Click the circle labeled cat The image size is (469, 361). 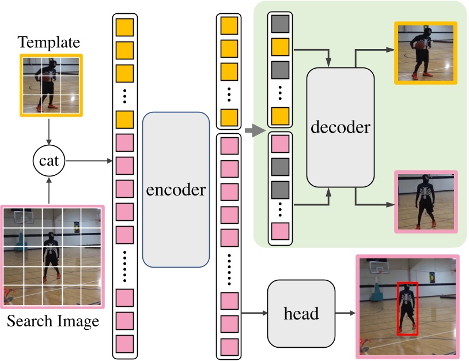coord(49,161)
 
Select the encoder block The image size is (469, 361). coord(175,189)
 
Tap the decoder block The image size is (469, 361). coord(340,128)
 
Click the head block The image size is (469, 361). coord(301,313)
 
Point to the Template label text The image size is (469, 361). coord(48,42)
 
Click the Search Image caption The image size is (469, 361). coord(52,321)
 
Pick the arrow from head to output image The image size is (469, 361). coord(345,313)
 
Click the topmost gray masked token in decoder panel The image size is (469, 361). coord(279,24)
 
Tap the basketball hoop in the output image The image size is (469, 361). coord(378,266)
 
